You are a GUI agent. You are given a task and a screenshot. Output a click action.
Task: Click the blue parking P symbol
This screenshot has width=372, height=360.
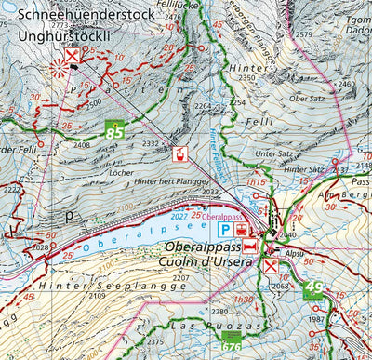pyautogui.click(x=223, y=229)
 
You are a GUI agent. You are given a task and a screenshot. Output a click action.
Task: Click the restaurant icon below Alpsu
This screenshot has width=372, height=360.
pyautogui.click(x=270, y=268)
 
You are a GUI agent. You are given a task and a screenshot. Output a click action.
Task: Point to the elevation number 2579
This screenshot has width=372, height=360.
pyautogui.click(x=303, y=34)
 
